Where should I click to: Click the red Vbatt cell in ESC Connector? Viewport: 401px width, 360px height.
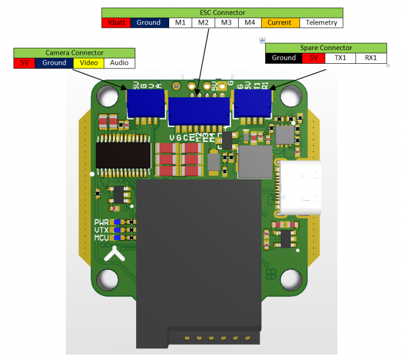115,22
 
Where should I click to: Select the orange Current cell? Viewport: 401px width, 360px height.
280,22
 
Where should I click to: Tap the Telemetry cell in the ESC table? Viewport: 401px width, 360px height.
321,22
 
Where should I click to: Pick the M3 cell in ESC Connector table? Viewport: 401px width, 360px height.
226,22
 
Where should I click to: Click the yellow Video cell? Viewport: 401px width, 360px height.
88,63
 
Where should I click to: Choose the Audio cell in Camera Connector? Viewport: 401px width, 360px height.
119,63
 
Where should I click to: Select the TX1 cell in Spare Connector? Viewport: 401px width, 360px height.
340,58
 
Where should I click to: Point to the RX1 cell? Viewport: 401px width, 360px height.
371,58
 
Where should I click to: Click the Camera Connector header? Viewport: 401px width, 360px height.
74,53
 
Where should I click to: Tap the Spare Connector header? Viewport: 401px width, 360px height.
326,48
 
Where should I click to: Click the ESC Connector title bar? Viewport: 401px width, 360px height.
222,13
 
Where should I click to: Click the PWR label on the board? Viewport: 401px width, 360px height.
101,222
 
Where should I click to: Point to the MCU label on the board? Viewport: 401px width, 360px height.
101,238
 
